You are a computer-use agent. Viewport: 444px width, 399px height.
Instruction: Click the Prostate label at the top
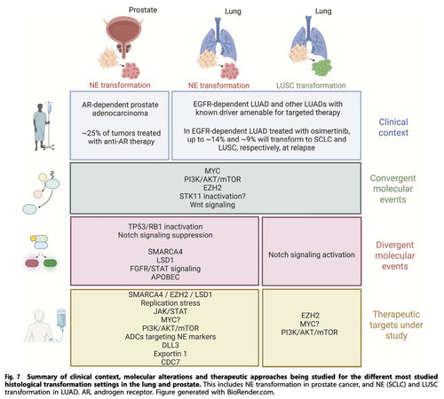coord(143,10)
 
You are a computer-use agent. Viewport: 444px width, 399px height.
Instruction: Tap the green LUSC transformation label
coord(311,85)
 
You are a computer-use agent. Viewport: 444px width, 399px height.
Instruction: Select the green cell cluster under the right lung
coord(321,68)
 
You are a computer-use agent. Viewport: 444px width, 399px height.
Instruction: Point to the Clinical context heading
coord(393,128)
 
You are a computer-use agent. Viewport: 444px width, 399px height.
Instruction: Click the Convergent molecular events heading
coord(392,189)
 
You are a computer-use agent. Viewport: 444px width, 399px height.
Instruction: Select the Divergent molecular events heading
coord(395,255)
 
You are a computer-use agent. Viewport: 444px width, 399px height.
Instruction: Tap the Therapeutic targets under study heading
coord(396,325)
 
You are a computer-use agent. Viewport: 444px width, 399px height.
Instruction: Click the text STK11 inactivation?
coord(212,196)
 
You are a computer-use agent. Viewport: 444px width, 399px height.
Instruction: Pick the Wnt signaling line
coord(212,205)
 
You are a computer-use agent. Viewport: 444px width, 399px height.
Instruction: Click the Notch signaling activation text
coord(312,254)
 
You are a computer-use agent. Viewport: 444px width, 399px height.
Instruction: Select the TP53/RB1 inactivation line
coord(165,227)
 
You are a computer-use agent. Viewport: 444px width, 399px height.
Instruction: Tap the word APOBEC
coord(165,277)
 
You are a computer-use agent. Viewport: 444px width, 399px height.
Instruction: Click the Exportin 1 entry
coord(170,354)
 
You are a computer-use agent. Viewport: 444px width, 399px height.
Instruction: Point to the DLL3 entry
coord(170,345)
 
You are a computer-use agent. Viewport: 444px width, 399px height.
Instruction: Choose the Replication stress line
coord(170,303)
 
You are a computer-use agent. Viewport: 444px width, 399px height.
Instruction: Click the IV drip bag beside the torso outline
coord(61,318)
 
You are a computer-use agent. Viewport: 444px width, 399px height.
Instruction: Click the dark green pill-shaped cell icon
coord(50,262)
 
